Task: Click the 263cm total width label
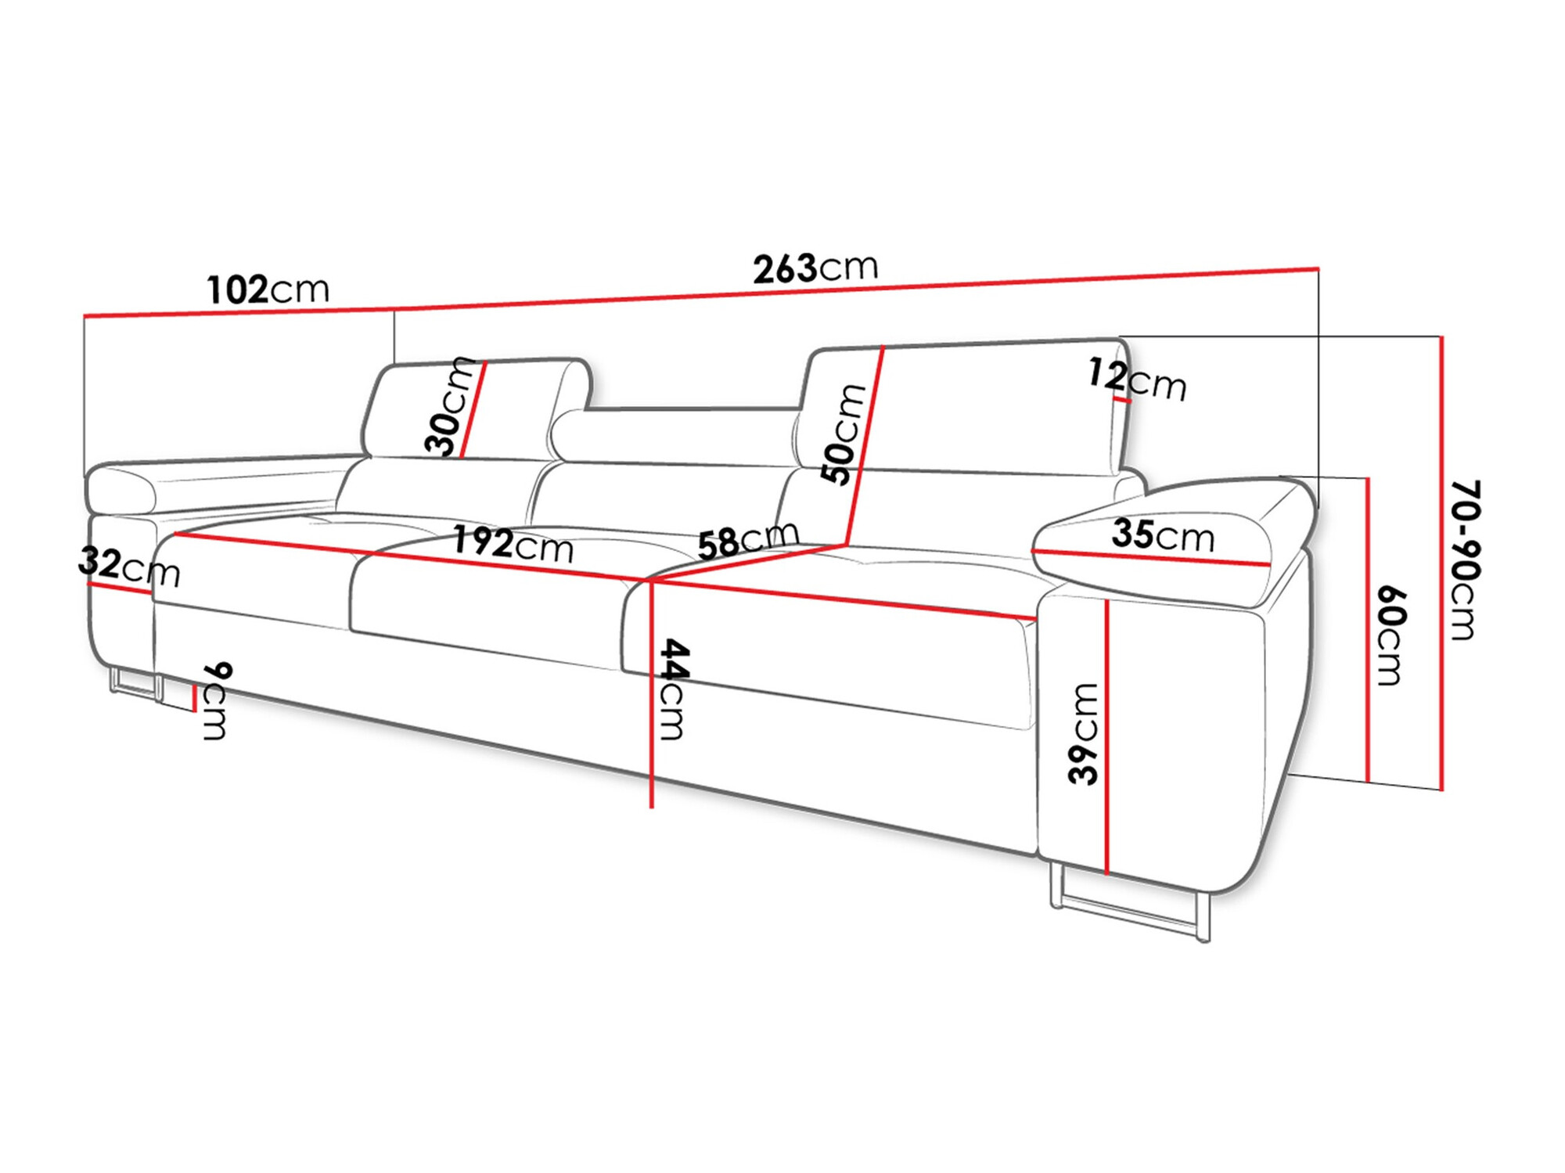(815, 268)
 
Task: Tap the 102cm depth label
(268, 290)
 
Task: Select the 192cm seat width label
(513, 543)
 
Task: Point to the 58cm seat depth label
(747, 539)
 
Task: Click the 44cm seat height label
(674, 689)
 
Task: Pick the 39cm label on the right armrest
(1085, 733)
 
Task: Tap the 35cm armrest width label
(1163, 535)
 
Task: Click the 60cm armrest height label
(1391, 635)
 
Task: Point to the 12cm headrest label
(1137, 379)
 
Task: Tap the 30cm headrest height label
(448, 407)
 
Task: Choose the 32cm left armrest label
(129, 567)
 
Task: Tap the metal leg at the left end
(133, 682)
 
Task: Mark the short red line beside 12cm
(1121, 399)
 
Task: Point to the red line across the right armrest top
(1150, 557)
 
